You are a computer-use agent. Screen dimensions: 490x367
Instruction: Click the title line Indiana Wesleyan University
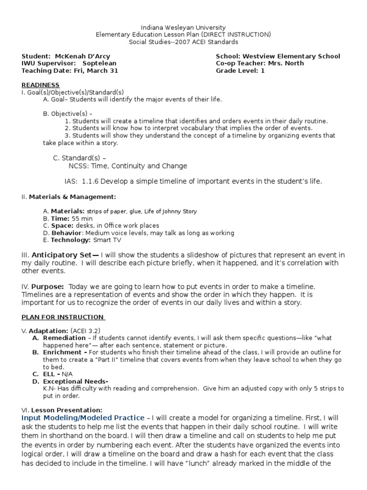click(x=183, y=28)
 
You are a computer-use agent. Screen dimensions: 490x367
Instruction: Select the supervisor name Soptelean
click(x=99, y=63)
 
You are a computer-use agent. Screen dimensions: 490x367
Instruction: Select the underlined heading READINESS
click(x=41, y=85)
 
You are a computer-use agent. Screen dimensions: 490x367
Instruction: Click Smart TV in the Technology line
click(x=100, y=240)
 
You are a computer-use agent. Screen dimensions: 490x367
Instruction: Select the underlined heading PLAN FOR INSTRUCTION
click(x=63, y=317)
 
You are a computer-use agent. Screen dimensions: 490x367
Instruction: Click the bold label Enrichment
click(x=63, y=352)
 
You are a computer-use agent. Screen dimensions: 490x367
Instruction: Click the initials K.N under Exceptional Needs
click(x=48, y=389)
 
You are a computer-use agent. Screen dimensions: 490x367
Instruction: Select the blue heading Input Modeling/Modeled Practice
click(x=83, y=418)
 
